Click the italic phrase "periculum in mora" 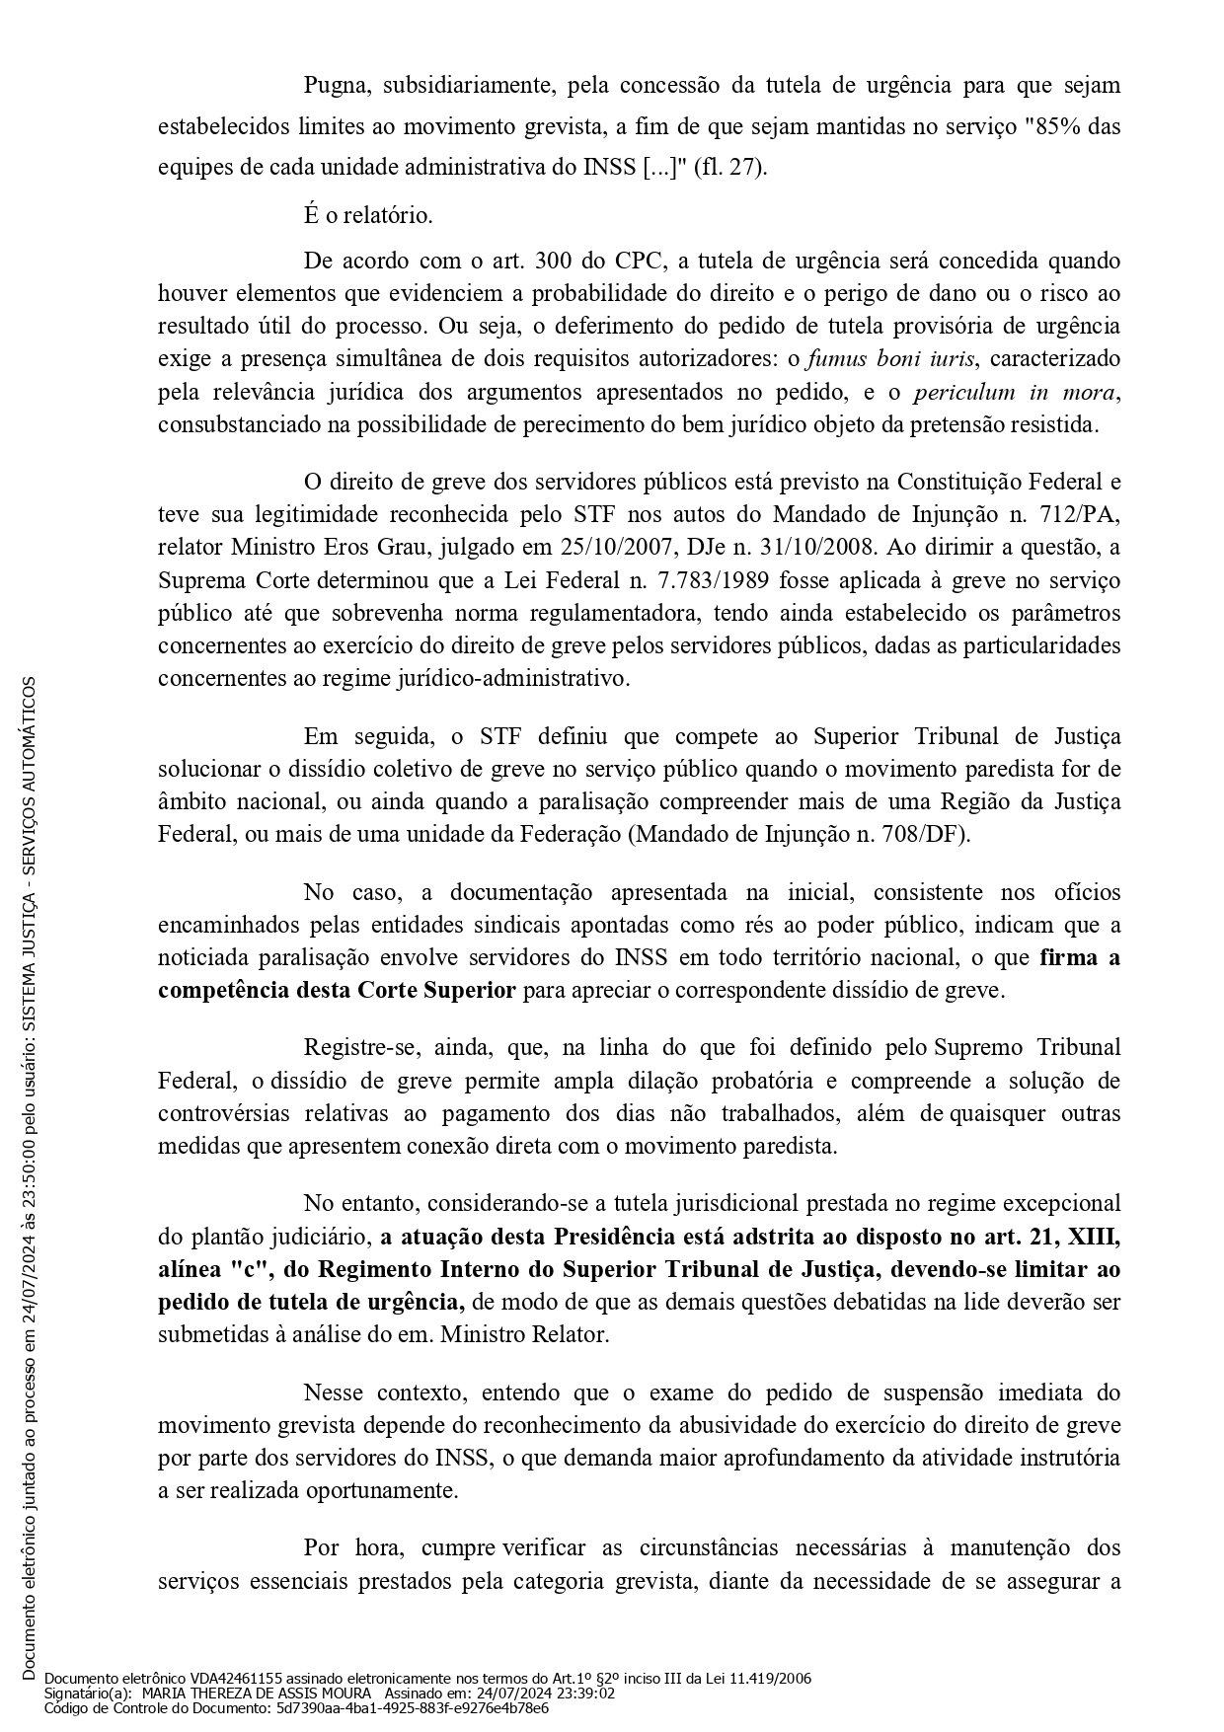1015,391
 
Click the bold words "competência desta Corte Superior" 337,989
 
